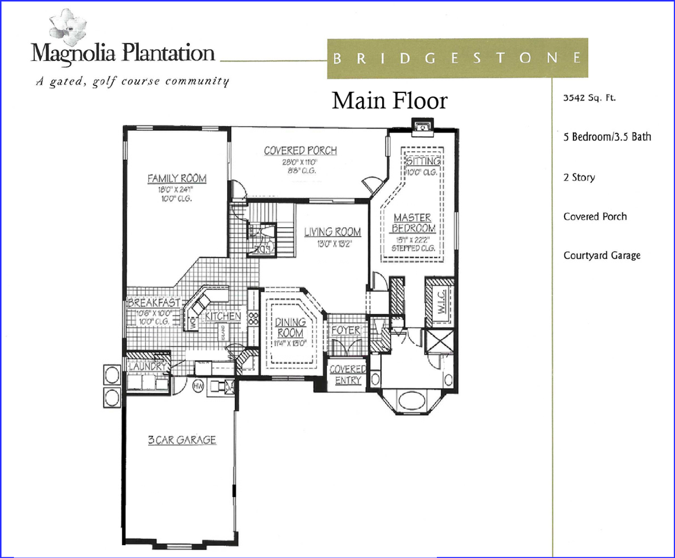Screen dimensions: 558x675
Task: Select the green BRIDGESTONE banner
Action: click(x=457, y=58)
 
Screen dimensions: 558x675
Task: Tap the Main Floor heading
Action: click(x=390, y=101)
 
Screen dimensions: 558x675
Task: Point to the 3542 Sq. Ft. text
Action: click(x=589, y=98)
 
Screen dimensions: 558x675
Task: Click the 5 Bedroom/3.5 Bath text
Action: click(x=607, y=137)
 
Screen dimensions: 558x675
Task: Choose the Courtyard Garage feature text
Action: click(x=602, y=255)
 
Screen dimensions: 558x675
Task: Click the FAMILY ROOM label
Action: click(x=177, y=178)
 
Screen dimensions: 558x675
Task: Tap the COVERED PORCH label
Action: click(x=300, y=151)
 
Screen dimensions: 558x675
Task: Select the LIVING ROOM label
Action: click(x=333, y=232)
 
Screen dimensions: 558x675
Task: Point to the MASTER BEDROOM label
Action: click(x=412, y=223)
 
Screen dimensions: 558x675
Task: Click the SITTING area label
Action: click(x=423, y=160)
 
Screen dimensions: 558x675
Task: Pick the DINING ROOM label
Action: click(x=289, y=328)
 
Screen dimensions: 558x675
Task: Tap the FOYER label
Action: click(x=346, y=330)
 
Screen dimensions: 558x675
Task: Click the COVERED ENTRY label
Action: click(x=347, y=375)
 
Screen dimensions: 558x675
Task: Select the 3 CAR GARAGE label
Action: click(x=181, y=440)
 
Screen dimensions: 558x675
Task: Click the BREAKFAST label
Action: click(x=154, y=303)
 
